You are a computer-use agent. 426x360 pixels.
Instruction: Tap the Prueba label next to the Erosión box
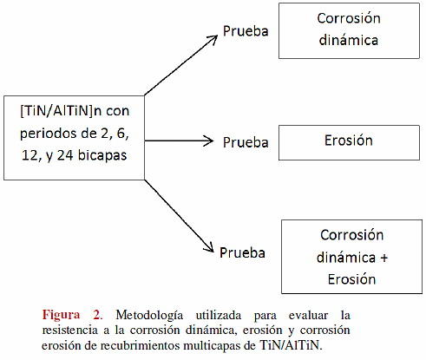coord(246,142)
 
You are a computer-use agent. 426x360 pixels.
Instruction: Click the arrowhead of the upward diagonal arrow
coord(213,39)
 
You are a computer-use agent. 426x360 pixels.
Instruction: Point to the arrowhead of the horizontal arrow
coord(209,141)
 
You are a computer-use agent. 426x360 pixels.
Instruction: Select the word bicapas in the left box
coord(102,155)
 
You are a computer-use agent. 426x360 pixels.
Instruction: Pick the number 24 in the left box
coord(65,155)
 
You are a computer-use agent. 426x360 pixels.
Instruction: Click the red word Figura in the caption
coord(61,315)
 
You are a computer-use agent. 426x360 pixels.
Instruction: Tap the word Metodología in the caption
coord(149,316)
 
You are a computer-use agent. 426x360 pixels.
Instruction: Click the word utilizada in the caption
coord(219,315)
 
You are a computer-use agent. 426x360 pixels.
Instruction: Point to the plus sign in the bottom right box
coord(383,258)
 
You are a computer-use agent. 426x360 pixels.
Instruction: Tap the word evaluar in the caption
coord(308,315)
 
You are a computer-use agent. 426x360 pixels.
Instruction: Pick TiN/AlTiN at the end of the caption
coord(290,345)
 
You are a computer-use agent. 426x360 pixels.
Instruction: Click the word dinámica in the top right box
coord(349,40)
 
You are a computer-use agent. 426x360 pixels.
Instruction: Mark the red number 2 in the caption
coord(97,315)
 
